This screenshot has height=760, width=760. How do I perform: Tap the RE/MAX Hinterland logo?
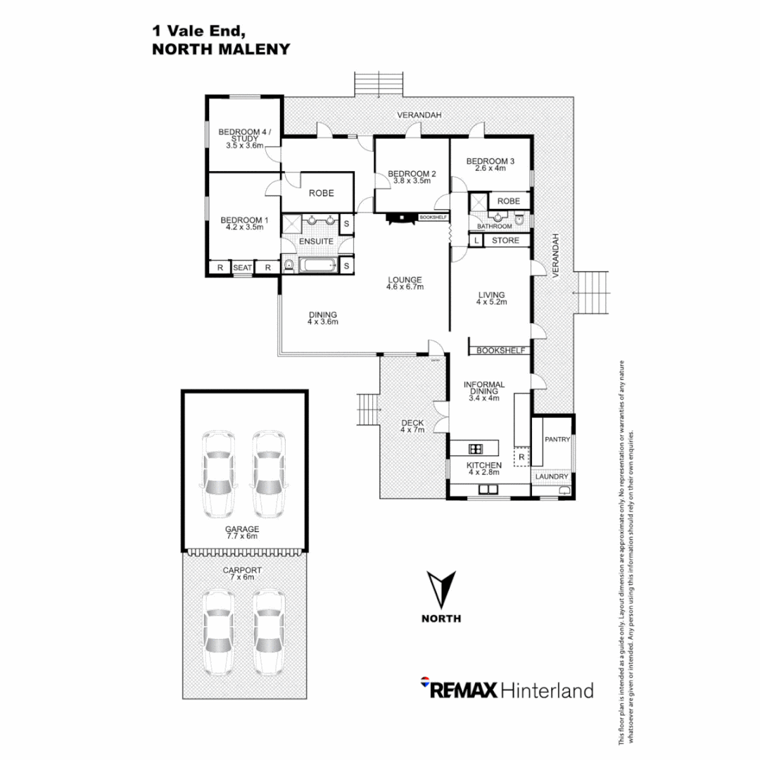coord(507,689)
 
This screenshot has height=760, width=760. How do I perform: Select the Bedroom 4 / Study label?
coord(244,139)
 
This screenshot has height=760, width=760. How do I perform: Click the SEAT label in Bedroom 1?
coord(242,267)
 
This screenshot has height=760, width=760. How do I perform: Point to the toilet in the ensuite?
coord(289,265)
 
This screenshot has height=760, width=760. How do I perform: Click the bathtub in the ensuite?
coord(318,265)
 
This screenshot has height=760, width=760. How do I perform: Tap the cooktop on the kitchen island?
coord(476,449)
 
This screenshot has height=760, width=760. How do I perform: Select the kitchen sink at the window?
coord(488,490)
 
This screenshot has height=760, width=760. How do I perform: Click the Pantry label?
coord(557,439)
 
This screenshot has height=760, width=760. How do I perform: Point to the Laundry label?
coord(552,476)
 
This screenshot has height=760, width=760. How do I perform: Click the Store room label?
coord(505,241)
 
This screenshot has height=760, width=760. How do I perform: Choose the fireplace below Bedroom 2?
coord(402,218)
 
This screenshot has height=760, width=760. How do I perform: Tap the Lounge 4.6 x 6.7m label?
coord(405,283)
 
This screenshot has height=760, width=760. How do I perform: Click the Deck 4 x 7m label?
coord(412,426)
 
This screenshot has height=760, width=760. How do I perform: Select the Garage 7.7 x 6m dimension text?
coord(242,536)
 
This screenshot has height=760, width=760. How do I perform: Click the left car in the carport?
coord(218,632)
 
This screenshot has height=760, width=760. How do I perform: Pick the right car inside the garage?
coord(268,474)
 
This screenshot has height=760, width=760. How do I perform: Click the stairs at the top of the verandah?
coord(379,84)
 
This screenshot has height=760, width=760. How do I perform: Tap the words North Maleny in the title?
coord(221,49)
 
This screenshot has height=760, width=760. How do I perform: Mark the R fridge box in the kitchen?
coord(521,457)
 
